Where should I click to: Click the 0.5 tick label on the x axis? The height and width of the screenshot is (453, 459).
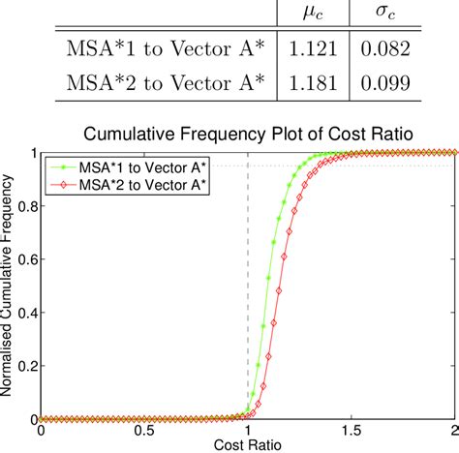[144, 431]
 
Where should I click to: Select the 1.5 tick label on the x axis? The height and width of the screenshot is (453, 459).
[352, 431]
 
